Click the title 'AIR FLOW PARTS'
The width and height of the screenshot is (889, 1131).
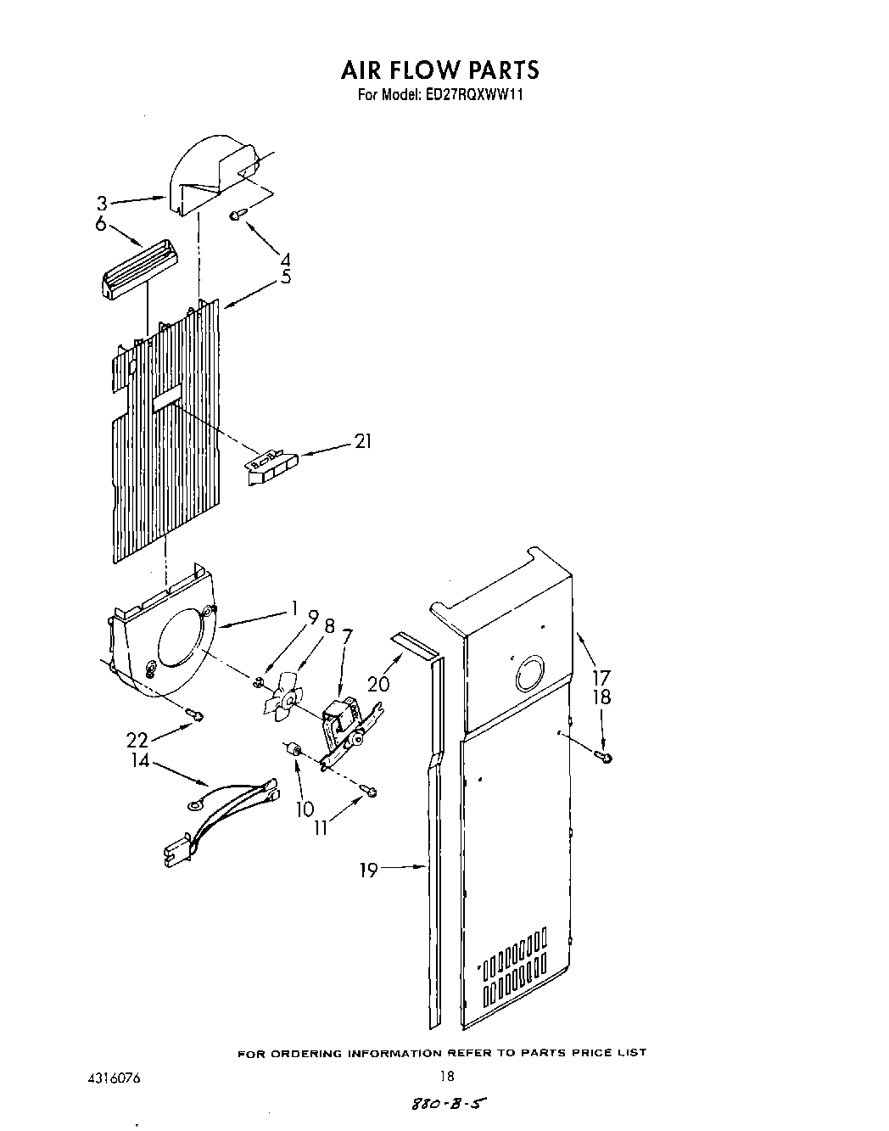pos(439,69)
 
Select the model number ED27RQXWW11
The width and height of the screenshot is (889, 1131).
pos(471,96)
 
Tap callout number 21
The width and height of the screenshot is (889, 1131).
pos(363,441)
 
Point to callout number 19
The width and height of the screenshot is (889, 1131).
pos(368,870)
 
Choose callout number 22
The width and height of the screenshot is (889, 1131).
pos(137,740)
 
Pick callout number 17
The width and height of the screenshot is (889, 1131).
pos(601,678)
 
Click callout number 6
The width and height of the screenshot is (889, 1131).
pos(101,224)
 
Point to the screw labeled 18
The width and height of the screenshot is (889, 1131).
pos(604,757)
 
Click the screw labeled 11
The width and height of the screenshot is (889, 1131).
pos(371,792)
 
